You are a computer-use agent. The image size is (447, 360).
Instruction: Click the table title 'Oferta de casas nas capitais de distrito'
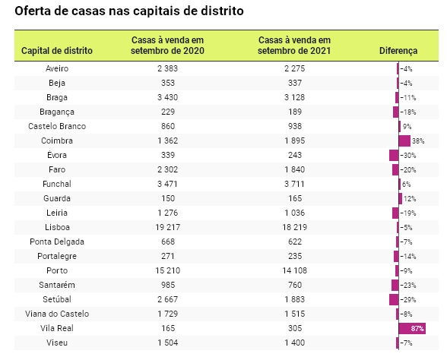point(129,11)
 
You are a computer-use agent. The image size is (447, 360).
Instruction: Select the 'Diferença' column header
point(398,51)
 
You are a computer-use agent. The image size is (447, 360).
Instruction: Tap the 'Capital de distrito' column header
point(57,51)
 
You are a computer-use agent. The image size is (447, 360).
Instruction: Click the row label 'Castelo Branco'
point(57,126)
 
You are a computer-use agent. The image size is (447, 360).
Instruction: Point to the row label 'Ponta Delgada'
point(57,242)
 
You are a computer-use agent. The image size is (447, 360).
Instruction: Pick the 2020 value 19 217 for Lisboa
point(167,227)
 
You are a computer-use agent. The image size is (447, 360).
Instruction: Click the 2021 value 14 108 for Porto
point(294,270)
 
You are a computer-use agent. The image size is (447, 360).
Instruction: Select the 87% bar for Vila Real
point(412,328)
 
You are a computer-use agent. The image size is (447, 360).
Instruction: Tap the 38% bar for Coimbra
point(404,141)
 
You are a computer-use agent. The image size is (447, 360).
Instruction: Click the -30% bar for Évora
point(394,155)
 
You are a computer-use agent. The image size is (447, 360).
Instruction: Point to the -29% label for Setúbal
point(408,299)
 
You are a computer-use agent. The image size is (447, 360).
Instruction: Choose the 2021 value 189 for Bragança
point(295,112)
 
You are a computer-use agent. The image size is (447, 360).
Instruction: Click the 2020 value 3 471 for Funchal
point(167,184)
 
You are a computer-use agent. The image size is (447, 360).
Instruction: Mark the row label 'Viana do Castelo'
point(57,314)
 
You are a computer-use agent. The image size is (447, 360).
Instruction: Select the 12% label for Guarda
point(410,199)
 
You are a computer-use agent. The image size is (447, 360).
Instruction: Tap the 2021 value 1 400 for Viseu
point(295,343)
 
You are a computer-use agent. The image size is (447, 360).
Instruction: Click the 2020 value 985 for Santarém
point(167,285)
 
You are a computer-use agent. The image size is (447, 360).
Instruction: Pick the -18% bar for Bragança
point(395,112)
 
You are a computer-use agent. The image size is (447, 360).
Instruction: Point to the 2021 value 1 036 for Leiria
point(295,213)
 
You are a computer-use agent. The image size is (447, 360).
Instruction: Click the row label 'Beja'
point(57,84)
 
